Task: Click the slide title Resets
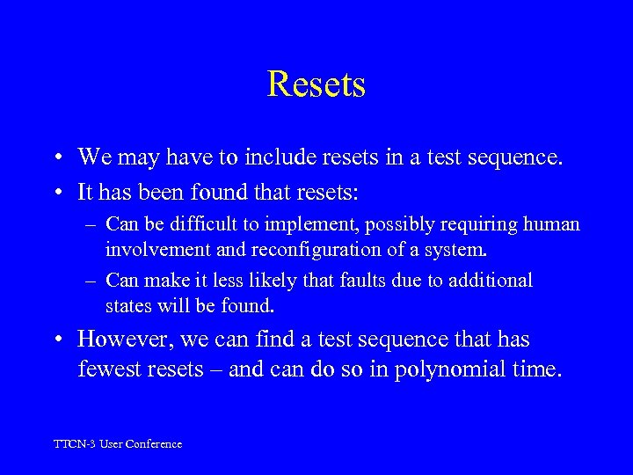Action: pyautogui.click(x=316, y=84)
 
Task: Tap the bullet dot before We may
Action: pyautogui.click(x=55, y=158)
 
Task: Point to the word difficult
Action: pyautogui.click(x=188, y=224)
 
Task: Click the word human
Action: pyautogui.click(x=553, y=224)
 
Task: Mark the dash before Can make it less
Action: pyautogui.click(x=91, y=281)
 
